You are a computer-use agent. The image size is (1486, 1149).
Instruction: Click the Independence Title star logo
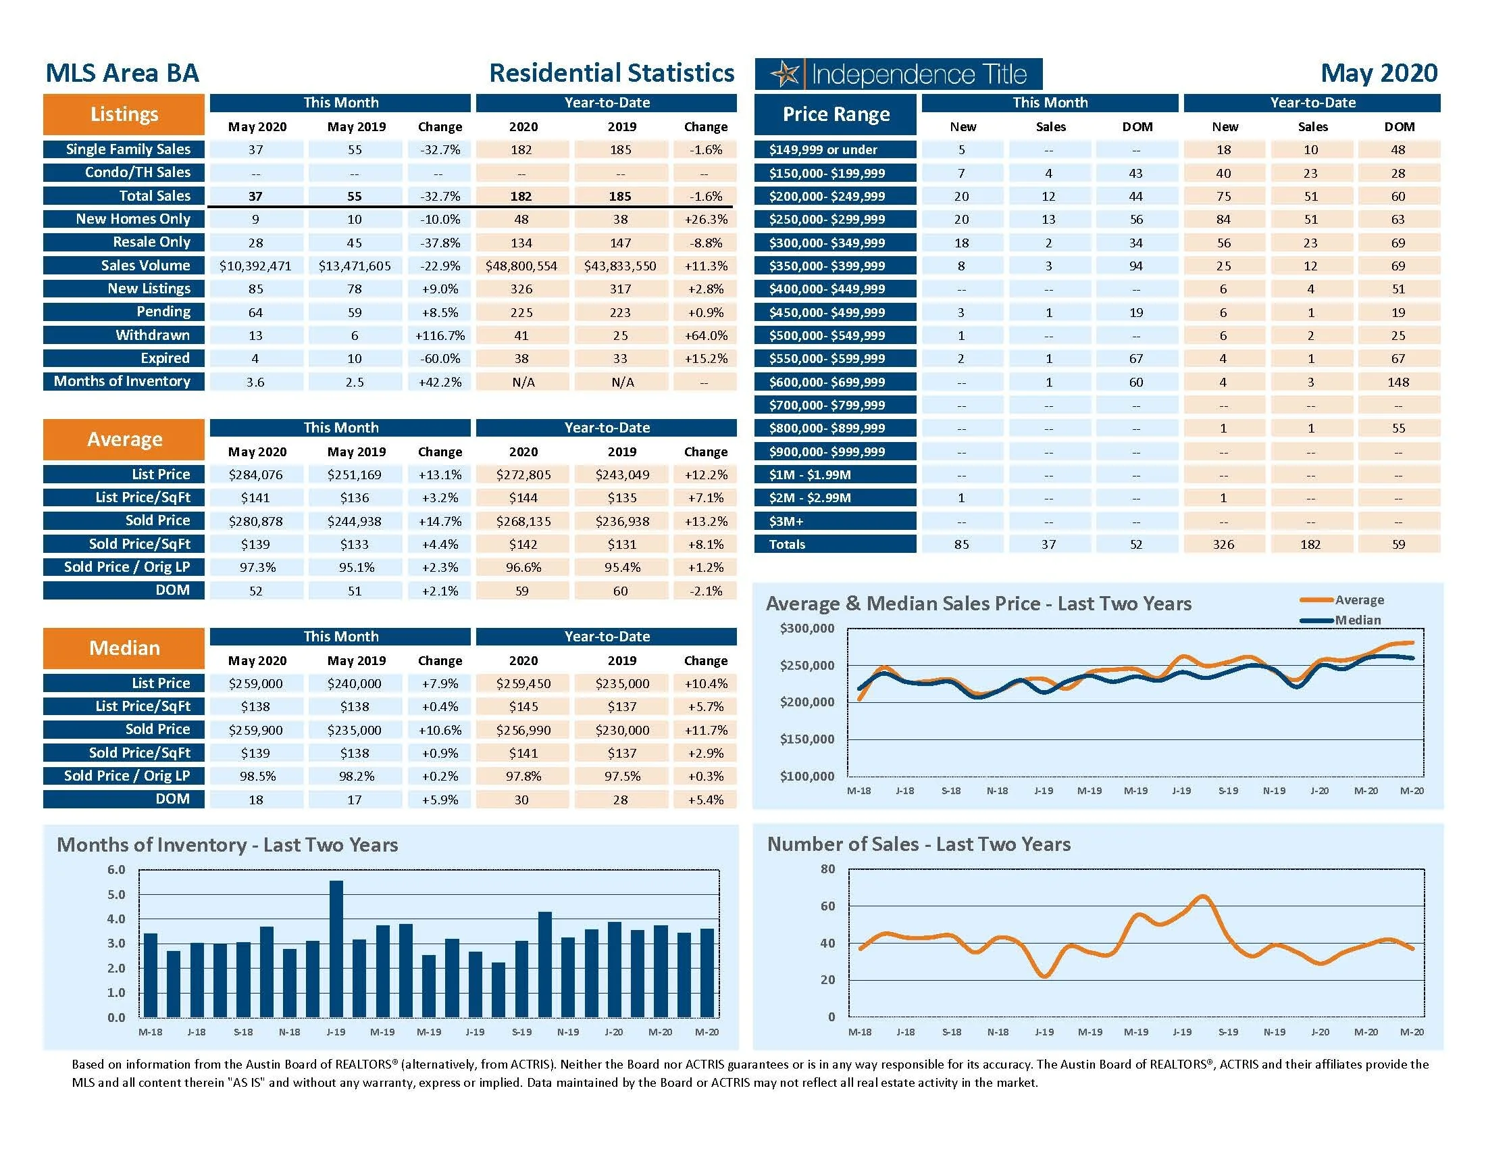click(x=786, y=74)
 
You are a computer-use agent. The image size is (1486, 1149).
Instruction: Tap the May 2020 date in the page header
click(x=1379, y=73)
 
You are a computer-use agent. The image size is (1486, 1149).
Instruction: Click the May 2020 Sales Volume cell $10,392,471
click(x=255, y=266)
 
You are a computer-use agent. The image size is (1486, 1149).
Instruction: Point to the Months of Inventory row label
click(x=122, y=381)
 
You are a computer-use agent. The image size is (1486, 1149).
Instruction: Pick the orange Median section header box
click(x=124, y=648)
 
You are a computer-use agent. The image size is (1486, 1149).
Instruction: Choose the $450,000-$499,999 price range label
click(x=827, y=312)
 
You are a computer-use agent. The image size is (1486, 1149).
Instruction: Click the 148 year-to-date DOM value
click(x=1398, y=382)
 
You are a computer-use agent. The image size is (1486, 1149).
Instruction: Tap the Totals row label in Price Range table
click(x=787, y=544)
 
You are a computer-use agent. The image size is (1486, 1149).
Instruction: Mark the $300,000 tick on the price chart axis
click(x=807, y=629)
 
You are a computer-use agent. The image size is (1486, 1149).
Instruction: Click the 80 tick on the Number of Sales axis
click(x=827, y=869)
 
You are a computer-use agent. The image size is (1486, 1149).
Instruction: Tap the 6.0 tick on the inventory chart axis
click(x=116, y=870)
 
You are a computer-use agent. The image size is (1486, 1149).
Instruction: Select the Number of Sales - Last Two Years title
click(x=919, y=844)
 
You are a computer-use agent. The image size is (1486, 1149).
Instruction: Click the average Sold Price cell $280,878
click(x=255, y=521)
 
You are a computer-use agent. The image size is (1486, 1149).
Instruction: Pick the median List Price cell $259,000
click(x=255, y=683)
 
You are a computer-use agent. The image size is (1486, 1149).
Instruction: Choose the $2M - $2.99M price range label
click(x=810, y=497)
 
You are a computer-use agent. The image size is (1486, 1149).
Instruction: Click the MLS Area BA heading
click(x=122, y=73)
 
